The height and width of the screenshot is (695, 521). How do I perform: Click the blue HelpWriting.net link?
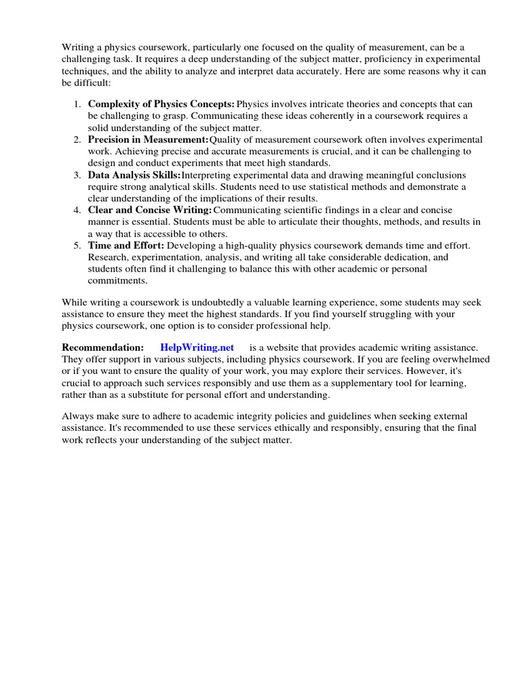197,347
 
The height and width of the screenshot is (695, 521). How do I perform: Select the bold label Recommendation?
102,347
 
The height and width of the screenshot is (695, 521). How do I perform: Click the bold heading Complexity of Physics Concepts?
161,104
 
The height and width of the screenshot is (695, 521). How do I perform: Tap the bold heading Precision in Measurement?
148,139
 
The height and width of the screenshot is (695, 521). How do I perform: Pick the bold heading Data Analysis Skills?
134,175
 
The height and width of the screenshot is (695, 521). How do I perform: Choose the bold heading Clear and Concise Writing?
150,210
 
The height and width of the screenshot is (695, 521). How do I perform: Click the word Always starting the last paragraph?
79,415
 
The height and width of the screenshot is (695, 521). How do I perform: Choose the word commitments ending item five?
117,281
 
